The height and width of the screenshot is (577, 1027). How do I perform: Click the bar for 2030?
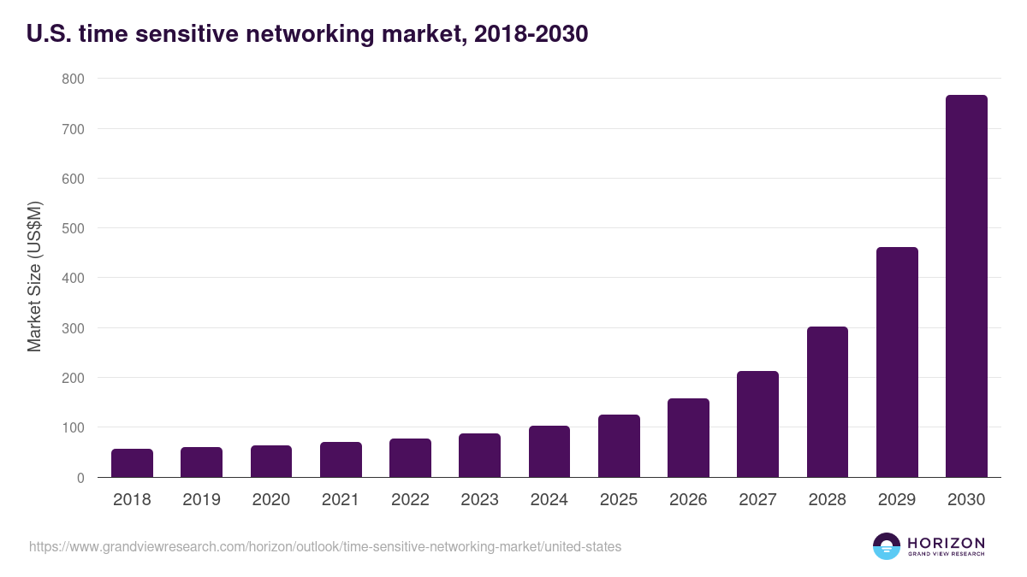point(966,286)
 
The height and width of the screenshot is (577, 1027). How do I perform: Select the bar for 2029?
point(897,362)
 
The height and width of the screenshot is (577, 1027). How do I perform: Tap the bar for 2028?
point(827,402)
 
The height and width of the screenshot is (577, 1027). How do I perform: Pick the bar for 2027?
point(757,424)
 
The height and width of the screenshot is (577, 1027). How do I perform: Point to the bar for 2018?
point(132,463)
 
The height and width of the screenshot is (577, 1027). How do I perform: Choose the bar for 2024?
point(549,451)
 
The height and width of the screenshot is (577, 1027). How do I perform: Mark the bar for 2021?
point(341,460)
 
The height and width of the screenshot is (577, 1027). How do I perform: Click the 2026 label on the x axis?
point(688,500)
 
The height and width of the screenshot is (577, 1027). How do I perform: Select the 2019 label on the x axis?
point(201,500)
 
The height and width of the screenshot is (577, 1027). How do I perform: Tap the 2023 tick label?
point(479,500)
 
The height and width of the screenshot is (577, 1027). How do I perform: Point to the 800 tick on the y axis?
point(73,79)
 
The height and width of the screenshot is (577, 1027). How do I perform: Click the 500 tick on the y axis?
point(73,228)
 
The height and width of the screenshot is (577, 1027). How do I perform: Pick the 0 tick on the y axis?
point(80,478)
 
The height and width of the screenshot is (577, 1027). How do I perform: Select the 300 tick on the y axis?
point(73,328)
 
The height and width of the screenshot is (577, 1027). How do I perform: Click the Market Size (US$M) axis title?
point(34,277)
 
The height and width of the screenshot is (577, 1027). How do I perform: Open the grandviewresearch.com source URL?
point(325,546)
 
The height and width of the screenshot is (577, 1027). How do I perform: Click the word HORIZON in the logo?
point(946,543)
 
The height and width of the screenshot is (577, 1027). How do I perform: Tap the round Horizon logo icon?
point(886,546)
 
